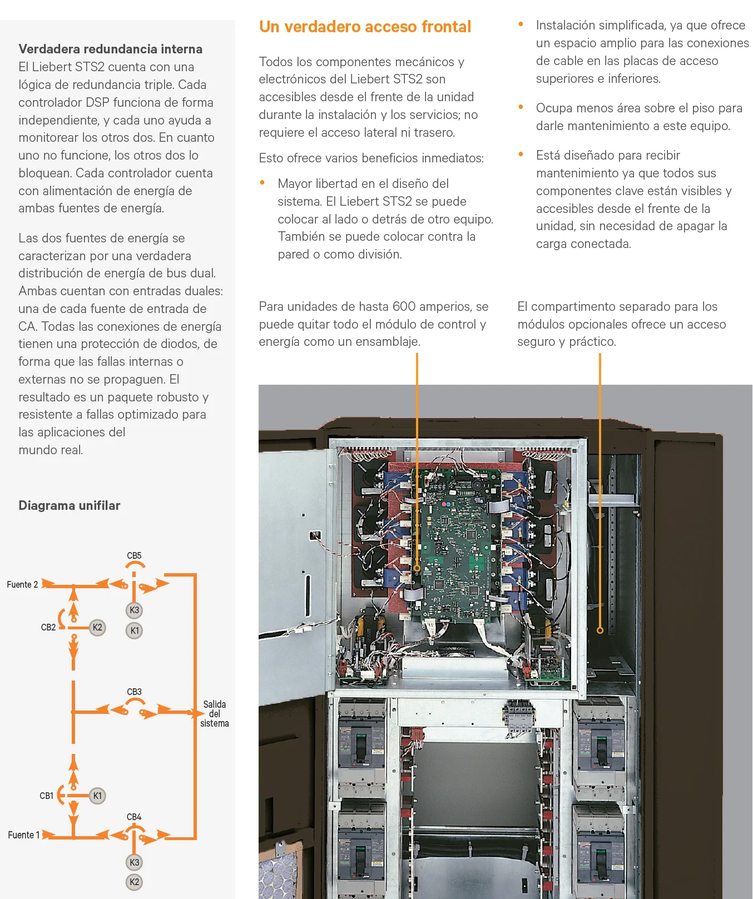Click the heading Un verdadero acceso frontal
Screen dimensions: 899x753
coord(365,27)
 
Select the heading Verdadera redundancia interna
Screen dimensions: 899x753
coord(110,49)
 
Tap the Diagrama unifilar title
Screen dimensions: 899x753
coord(69,505)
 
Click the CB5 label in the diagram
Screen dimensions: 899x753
coord(134,555)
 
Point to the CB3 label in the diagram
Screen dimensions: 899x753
coord(134,692)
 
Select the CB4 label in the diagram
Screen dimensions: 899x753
coord(134,817)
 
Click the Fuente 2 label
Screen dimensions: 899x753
coord(22,584)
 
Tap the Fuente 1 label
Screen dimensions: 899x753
coord(23,835)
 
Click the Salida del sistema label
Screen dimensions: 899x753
coord(214,714)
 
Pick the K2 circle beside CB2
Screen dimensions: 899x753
coord(97,627)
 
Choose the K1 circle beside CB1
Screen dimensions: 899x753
coord(97,796)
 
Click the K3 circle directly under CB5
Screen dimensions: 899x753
coord(134,610)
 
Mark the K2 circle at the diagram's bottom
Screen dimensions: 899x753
coord(134,882)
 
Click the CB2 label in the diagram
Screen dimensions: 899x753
coord(48,627)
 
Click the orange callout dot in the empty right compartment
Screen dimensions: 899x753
coord(600,630)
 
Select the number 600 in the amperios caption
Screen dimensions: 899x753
coord(404,306)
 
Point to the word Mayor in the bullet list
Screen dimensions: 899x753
coord(295,183)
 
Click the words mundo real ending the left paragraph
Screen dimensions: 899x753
coord(51,450)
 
